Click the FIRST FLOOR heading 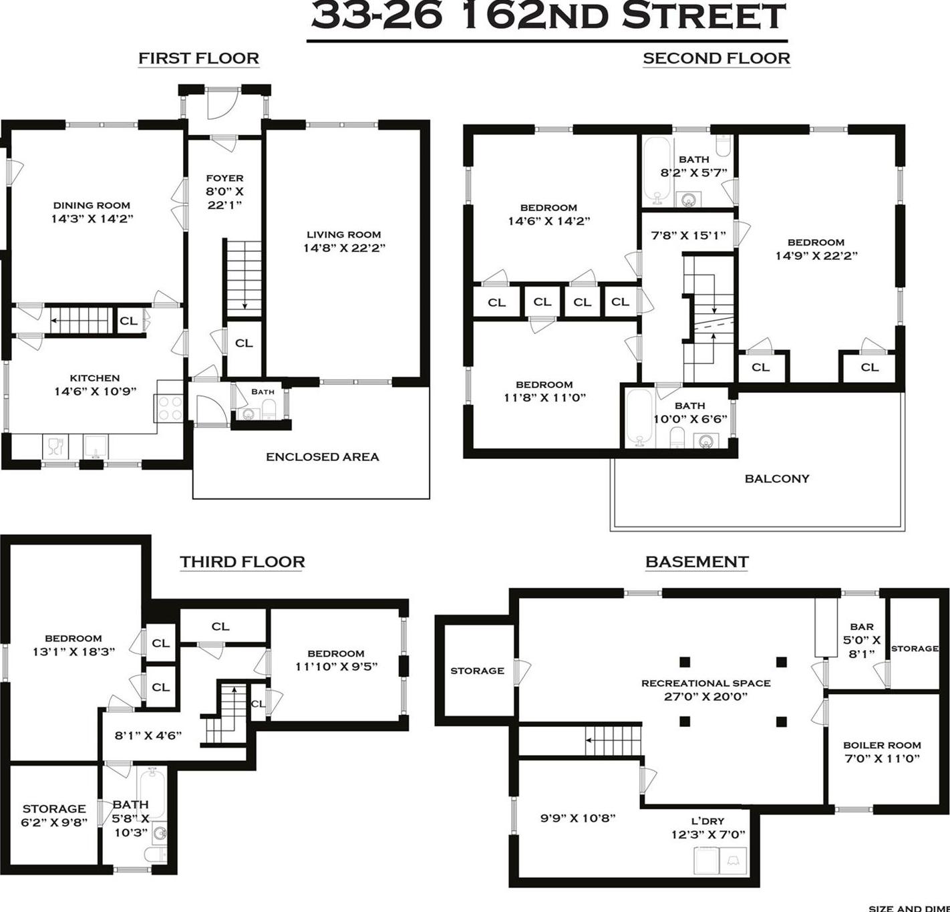pos(198,59)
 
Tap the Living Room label pos(343,235)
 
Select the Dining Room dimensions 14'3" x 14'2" pos(92,218)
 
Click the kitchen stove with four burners pos(169,408)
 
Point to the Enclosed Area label pos(322,457)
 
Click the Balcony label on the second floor pos(776,478)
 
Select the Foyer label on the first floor pos(224,178)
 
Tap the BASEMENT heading pos(696,562)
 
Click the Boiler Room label pos(881,745)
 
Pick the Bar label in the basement pos(861,627)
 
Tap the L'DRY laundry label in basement pos(707,821)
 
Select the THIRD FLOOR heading pos(242,562)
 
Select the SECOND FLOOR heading pos(716,59)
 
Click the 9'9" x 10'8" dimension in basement pos(577,818)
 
